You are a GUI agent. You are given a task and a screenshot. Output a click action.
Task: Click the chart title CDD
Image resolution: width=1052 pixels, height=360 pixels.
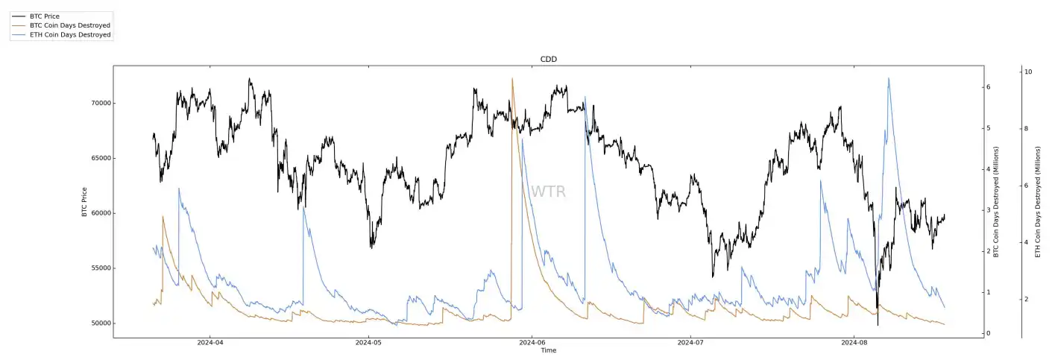point(548,59)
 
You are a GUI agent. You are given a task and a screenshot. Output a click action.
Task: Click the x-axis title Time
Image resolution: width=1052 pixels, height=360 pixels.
point(548,350)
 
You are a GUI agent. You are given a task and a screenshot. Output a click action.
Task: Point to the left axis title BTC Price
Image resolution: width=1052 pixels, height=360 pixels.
point(84,201)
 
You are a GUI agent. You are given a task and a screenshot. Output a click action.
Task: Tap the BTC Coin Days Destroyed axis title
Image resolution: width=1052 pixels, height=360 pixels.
point(995,201)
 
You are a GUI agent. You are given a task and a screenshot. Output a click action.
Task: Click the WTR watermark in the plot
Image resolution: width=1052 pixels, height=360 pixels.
point(548,192)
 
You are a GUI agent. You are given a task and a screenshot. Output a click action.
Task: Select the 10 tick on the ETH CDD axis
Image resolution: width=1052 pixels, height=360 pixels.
point(1028,72)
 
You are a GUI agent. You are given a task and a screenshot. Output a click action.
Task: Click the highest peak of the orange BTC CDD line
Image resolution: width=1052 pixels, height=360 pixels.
point(512,78)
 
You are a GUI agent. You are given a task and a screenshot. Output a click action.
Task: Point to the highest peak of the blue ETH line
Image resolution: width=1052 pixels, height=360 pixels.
point(889,78)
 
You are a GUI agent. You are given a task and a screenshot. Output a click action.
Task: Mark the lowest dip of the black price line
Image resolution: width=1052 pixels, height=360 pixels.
point(878,325)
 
